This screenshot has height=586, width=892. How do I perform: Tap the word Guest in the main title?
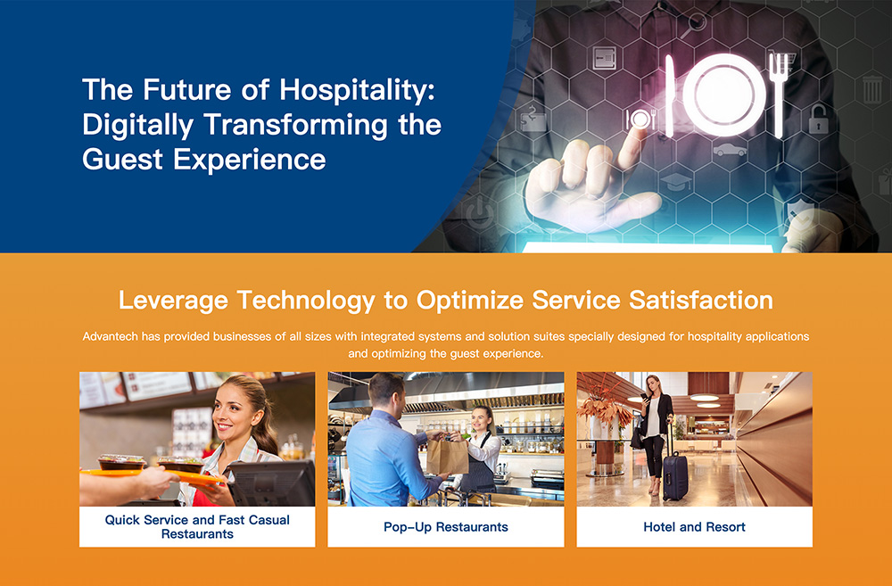click(x=122, y=159)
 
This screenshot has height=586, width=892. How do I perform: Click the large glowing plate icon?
click(x=723, y=95)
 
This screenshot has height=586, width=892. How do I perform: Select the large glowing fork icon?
click(x=779, y=95)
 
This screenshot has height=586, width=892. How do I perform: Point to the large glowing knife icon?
click(x=670, y=96)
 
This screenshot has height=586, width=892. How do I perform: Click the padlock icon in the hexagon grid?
click(x=818, y=119)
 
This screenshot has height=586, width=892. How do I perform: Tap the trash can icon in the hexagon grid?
click(x=872, y=89)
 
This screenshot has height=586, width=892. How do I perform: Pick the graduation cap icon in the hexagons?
click(x=676, y=182)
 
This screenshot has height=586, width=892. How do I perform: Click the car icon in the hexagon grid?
click(x=730, y=150)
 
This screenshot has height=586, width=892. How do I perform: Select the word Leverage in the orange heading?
click(x=173, y=301)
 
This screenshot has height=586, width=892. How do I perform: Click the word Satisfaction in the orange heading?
click(x=700, y=300)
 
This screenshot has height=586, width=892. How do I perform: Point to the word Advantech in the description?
click(x=111, y=336)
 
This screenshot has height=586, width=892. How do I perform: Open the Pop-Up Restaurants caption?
click(x=446, y=527)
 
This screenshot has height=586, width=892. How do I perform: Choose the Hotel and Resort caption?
click(x=694, y=527)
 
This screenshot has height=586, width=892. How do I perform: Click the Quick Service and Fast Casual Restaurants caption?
click(x=197, y=527)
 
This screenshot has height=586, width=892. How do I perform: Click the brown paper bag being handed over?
click(x=447, y=457)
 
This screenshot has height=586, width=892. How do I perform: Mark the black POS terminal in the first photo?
click(x=271, y=483)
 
